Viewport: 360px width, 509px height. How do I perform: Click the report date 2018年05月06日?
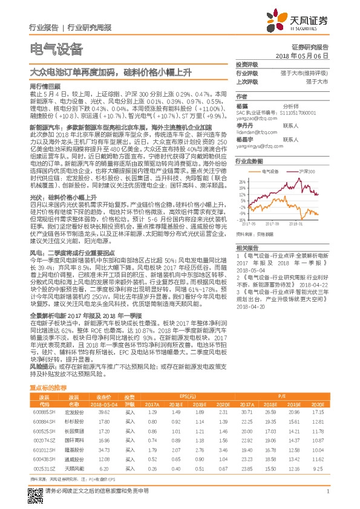point(310,55)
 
